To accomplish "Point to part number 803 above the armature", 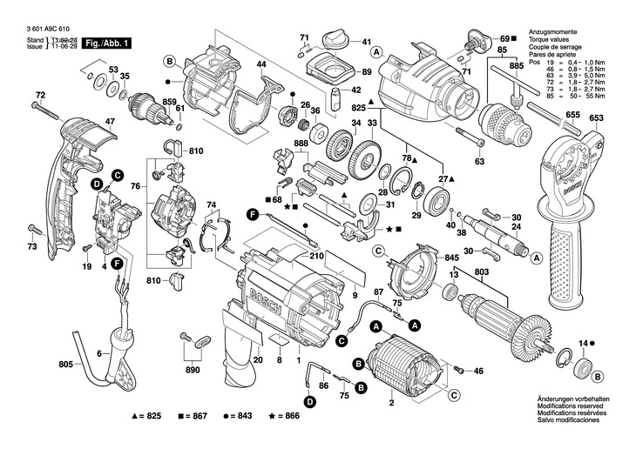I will coord(482,272).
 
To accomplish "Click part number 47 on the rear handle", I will coord(110,122).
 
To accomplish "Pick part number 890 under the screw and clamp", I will coord(193,369).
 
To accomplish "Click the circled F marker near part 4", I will coord(116,263).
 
